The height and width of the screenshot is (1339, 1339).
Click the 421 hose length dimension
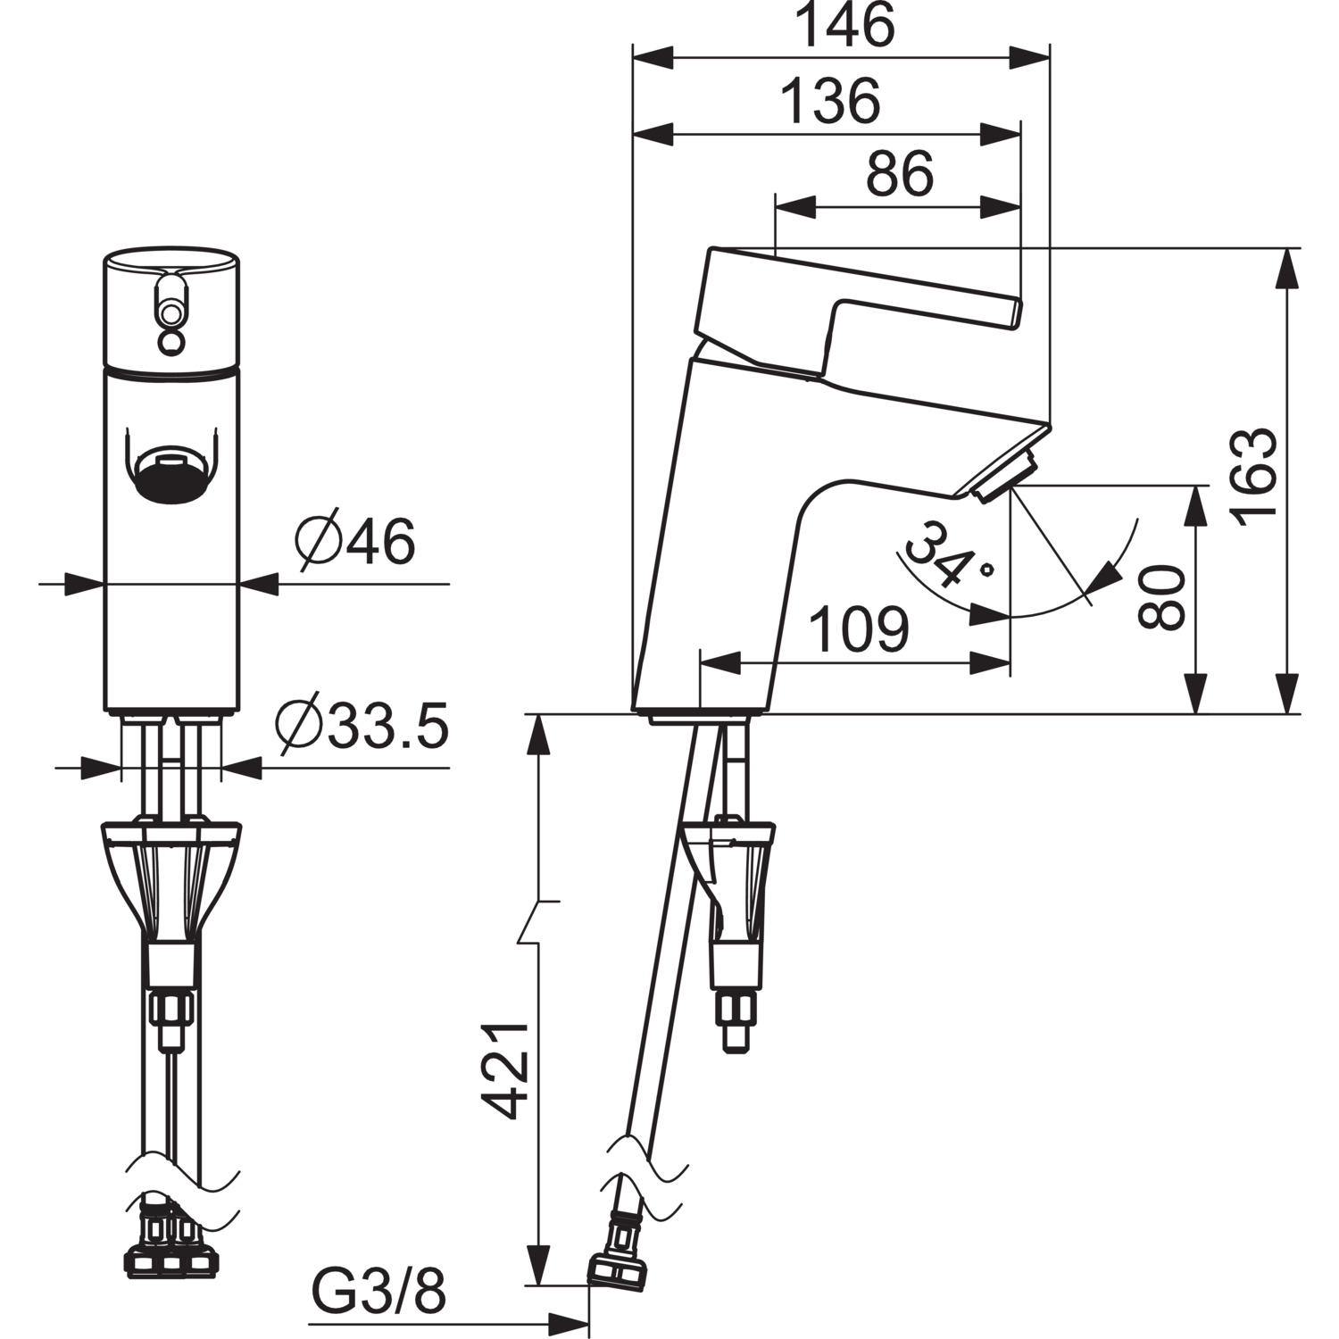[x=509, y=1070]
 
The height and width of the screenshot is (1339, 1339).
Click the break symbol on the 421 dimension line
[x=537, y=921]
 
